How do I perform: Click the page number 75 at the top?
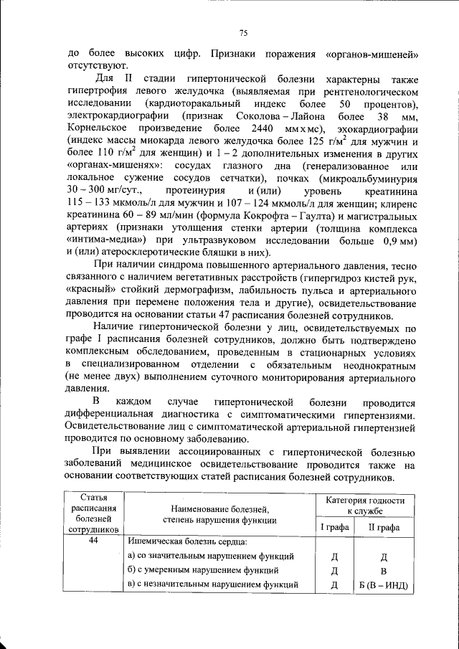(242, 33)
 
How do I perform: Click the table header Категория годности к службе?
(365, 506)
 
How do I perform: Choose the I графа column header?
(333, 528)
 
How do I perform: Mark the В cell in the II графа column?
(383, 571)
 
